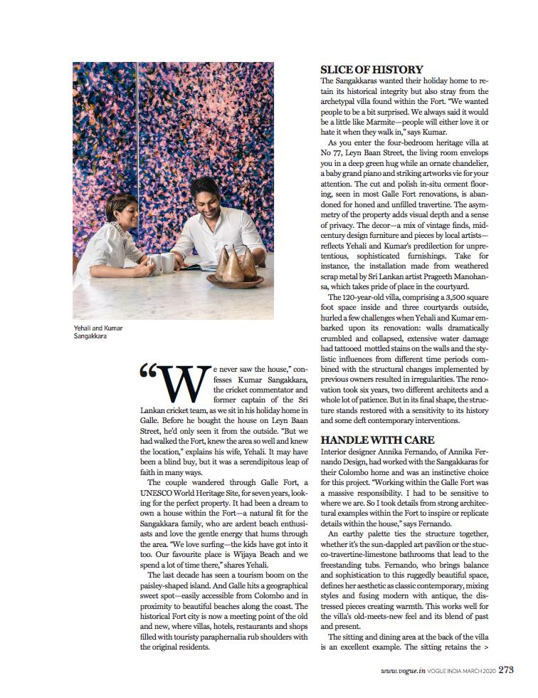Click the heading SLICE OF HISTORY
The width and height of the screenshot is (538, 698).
371,70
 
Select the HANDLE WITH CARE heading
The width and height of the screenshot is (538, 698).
377,440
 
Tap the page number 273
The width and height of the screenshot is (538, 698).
506,669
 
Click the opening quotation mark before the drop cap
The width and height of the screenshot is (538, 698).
147,373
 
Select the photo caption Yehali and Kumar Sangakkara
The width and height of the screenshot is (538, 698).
98,331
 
